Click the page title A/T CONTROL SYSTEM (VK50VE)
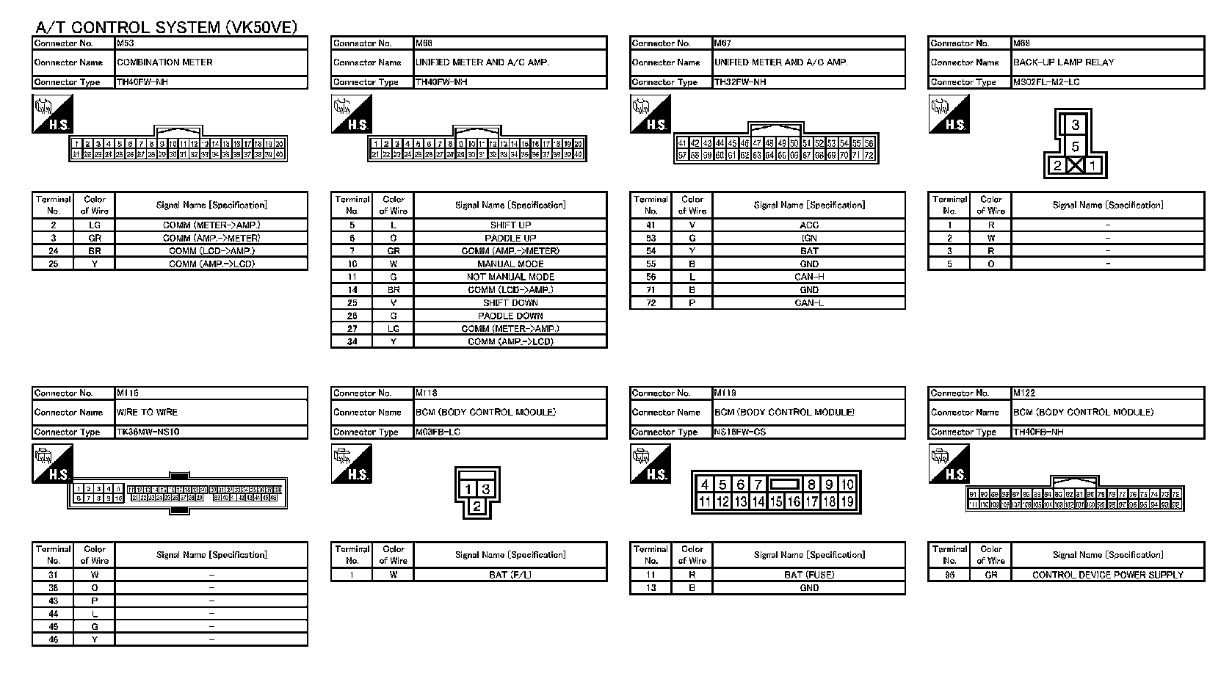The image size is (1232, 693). [167, 28]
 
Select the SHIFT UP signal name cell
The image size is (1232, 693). [510, 225]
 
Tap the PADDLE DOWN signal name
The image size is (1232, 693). [510, 316]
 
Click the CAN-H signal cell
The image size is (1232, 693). [808, 277]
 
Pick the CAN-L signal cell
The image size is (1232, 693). [808, 302]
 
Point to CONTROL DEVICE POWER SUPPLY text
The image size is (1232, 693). [1107, 575]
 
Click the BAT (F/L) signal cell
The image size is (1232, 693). [510, 575]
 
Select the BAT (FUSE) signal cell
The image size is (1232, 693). [808, 575]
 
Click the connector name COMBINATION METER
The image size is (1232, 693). [165, 62]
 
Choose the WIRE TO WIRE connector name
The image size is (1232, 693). [148, 412]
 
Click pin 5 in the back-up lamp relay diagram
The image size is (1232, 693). [1075, 146]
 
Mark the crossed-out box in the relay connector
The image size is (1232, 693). [1075, 165]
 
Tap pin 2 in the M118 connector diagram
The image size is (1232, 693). [477, 506]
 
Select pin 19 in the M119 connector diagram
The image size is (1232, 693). [847, 502]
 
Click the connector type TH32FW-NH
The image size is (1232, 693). [740, 82]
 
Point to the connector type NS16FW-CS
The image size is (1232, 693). [740, 432]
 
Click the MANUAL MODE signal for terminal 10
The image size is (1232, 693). [510, 264]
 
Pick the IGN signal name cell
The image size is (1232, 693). [808, 238]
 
